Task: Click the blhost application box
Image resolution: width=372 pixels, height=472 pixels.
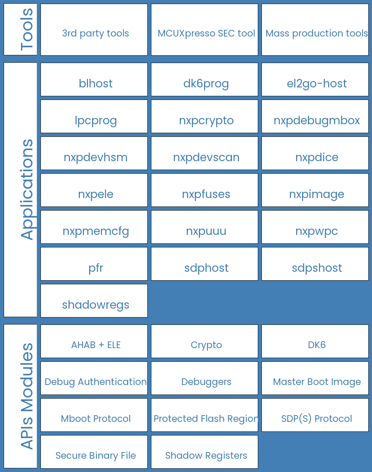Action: point(94,79)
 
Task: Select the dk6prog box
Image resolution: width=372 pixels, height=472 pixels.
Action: point(204,79)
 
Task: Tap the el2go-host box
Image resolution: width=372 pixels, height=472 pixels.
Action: point(315,79)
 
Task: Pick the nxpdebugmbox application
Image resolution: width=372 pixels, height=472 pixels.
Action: point(315,116)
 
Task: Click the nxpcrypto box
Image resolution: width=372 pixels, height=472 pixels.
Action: point(204,116)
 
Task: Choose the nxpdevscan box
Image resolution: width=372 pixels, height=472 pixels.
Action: point(204,153)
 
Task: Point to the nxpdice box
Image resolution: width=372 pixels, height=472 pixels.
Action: point(315,153)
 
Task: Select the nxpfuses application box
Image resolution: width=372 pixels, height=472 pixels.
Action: point(204,190)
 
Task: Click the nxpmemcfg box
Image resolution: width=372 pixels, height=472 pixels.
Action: point(94,227)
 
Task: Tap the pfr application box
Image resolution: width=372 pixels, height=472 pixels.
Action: point(94,264)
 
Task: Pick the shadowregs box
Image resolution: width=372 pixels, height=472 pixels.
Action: point(94,301)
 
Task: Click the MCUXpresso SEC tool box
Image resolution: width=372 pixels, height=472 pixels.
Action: point(204,29)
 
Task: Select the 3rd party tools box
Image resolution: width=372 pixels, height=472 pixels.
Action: point(94,29)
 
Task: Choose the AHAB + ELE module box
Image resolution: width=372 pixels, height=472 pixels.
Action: point(94,341)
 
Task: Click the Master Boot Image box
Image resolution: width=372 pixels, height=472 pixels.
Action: point(315,378)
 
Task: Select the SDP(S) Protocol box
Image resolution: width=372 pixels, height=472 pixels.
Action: point(315,415)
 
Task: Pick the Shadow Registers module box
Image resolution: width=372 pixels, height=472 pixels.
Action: point(204,452)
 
